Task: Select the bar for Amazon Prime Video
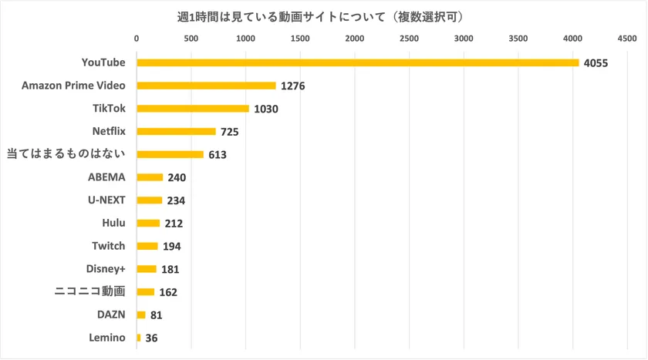tap(206, 86)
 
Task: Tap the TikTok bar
tap(193, 109)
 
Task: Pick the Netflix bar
tap(176, 131)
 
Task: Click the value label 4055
tap(596, 62)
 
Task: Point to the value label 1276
tap(293, 86)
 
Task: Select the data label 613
tap(217, 155)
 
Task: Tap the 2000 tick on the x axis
tap(355, 38)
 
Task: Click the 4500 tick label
tap(626, 38)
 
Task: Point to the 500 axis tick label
tap(191, 38)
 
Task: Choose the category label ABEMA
tap(106, 177)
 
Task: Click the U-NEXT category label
tap(106, 200)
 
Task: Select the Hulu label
tap(113, 223)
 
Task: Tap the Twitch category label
tap(109, 246)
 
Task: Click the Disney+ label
tap(106, 269)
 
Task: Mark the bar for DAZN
tap(141, 315)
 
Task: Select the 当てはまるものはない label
tap(66, 154)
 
